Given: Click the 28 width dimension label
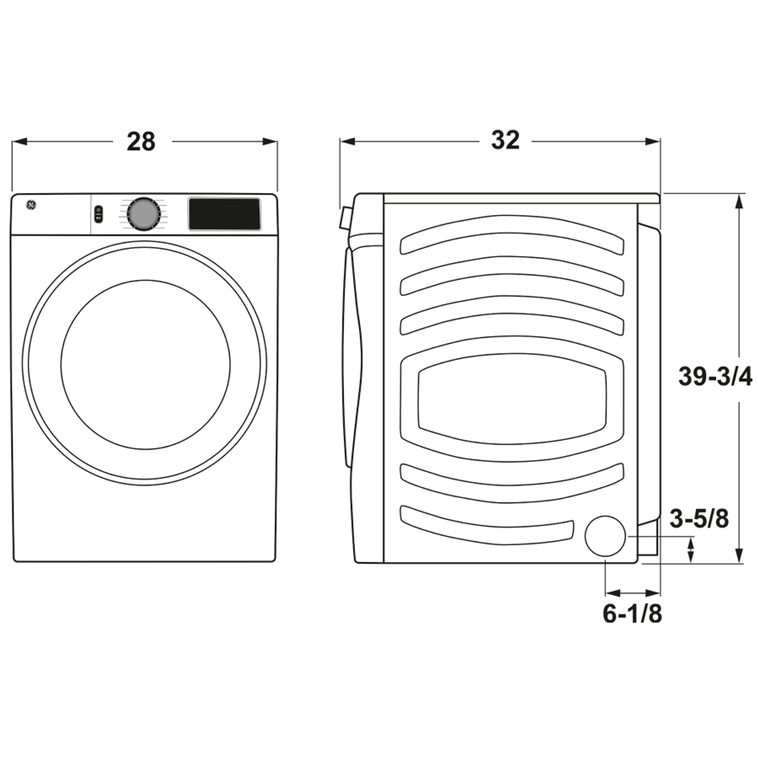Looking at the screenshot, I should point(141,142).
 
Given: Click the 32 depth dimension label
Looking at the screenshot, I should point(505,140).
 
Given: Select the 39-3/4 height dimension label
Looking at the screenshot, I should point(715,377).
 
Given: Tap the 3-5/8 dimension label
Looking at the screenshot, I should point(699,519).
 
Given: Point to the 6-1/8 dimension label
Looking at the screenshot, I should point(632,614).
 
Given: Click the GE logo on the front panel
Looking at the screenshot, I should point(31,205).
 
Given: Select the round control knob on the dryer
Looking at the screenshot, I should point(143,214).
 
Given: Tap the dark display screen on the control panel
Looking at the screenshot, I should point(224,214).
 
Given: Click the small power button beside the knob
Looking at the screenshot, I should point(98,214).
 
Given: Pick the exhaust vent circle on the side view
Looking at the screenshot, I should point(605,536).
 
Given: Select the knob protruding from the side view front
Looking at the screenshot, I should point(344,218).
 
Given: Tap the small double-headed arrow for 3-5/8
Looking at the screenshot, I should point(690,550).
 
